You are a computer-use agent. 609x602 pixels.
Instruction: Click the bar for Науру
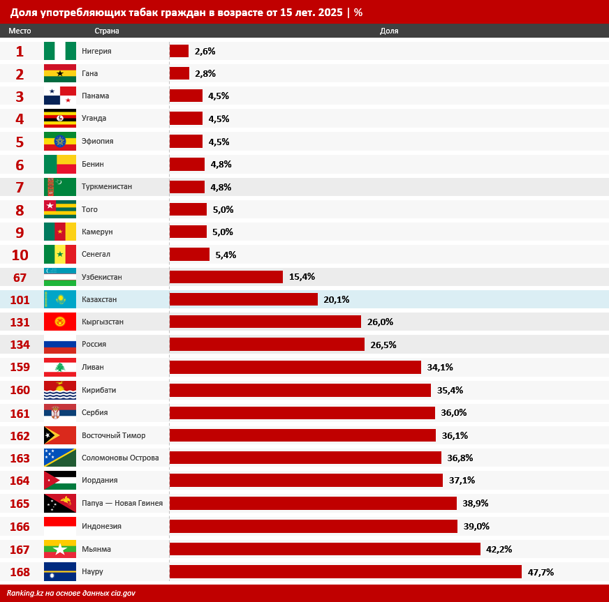tap(345, 572)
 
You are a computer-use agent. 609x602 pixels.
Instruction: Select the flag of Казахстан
tap(60, 299)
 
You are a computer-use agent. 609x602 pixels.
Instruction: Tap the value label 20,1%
tap(336, 299)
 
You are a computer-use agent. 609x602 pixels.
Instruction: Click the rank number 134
tap(20, 345)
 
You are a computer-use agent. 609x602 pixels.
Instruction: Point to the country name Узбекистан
tap(102, 277)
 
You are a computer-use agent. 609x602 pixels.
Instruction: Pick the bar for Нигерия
tap(179, 51)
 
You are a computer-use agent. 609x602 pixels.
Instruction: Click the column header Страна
tap(107, 31)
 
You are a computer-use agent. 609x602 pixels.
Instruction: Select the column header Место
tap(20, 31)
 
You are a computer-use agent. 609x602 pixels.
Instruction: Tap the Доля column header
tap(389, 31)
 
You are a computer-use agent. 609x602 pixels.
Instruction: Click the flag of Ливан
tap(60, 367)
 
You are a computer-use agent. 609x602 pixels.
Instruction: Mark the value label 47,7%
tap(541, 572)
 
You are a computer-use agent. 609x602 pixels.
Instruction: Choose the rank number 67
tap(20, 278)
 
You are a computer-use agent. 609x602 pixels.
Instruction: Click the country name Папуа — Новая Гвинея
tap(122, 503)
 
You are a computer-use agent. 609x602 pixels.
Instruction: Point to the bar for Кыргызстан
tap(265, 322)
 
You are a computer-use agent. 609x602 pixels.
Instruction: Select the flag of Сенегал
tap(60, 254)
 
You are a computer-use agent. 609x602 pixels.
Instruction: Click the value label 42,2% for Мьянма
tap(499, 549)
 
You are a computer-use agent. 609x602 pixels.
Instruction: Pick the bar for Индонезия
tap(313, 526)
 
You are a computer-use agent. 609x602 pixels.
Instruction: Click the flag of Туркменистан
tap(60, 187)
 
